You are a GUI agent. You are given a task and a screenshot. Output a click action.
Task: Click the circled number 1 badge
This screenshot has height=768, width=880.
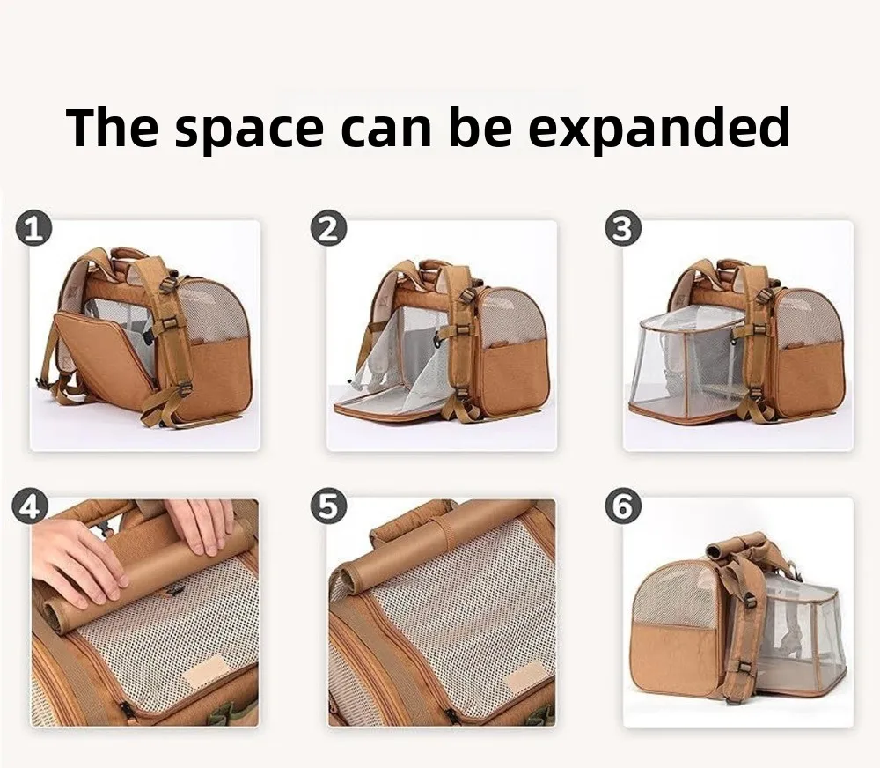point(33,231)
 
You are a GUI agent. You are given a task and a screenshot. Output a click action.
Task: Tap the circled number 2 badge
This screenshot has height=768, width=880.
point(328,229)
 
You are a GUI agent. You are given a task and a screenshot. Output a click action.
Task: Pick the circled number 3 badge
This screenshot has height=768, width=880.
point(622,229)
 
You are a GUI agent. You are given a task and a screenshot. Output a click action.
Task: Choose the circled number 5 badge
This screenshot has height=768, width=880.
point(328,506)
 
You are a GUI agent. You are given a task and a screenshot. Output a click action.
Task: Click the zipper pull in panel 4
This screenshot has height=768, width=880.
point(126,708)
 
